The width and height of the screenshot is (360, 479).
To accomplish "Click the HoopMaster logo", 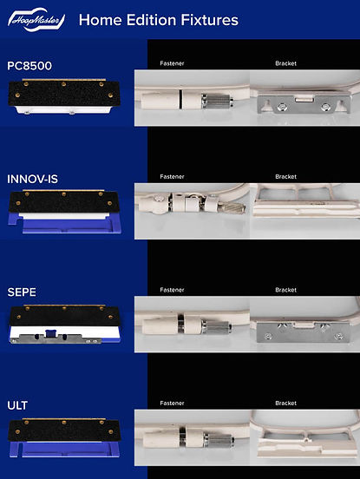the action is [36, 20].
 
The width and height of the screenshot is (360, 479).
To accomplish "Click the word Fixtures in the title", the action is [209, 20].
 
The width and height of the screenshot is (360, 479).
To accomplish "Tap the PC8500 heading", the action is [29, 66].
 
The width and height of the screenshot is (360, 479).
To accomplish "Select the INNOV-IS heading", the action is [32, 179].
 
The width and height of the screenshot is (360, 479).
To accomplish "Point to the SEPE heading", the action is [22, 292].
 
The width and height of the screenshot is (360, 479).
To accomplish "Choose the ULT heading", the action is [17, 405].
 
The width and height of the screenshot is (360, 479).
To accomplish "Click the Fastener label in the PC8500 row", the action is [172, 63].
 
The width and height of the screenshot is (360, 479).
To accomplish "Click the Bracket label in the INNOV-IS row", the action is [285, 176].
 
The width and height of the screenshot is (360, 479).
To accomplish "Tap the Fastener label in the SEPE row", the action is [172, 290].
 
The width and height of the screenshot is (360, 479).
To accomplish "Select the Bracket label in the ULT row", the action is [285, 404].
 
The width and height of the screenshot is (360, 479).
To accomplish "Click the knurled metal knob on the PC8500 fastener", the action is [218, 101].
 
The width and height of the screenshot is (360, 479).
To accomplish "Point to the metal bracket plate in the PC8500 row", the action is [304, 104].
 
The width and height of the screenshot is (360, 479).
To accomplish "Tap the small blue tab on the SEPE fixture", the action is [50, 333].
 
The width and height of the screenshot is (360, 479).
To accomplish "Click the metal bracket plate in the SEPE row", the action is [304, 331].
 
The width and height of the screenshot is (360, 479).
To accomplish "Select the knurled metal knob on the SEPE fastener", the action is [216, 327].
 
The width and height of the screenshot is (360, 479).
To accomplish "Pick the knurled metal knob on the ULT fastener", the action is [219, 441].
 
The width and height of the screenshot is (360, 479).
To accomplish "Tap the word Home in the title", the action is [100, 20].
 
